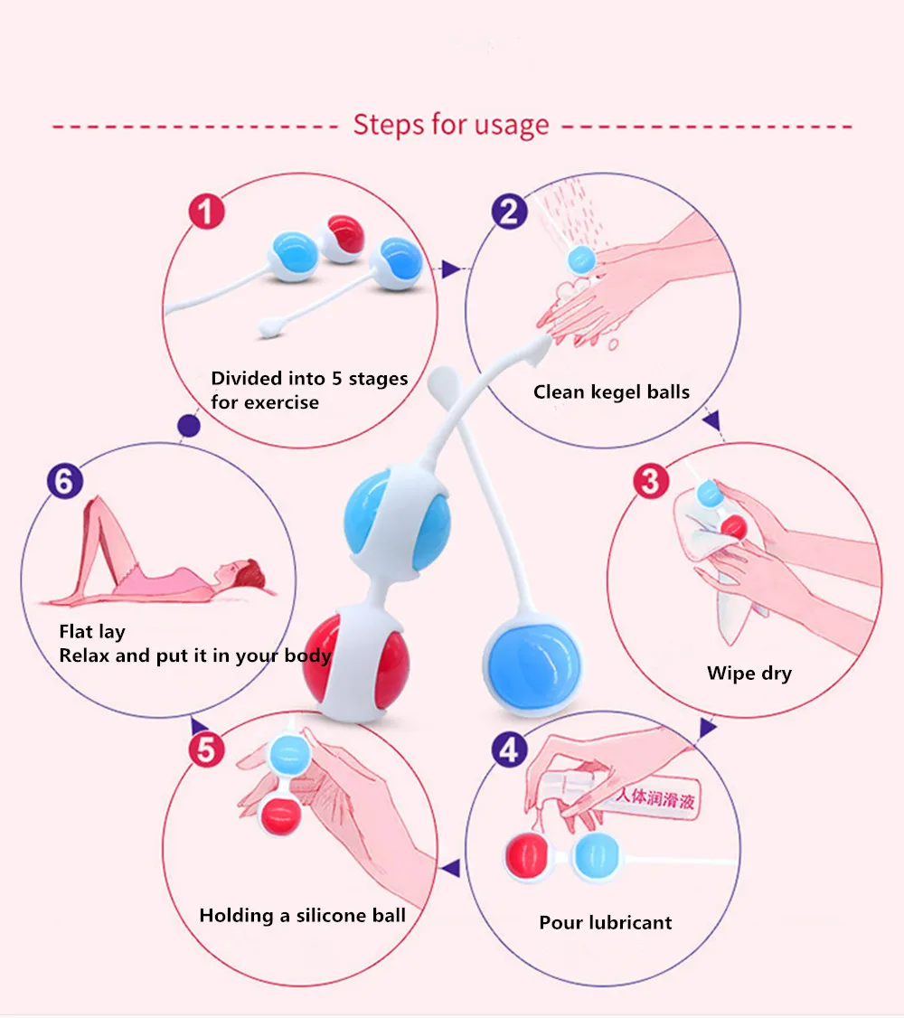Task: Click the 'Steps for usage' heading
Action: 451,125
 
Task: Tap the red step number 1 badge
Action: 206,212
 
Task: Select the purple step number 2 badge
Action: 510,212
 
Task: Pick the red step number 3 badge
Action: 651,481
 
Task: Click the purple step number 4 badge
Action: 510,750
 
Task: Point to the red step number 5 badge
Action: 206,750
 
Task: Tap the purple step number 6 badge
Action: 65,481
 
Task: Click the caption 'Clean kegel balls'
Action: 611,392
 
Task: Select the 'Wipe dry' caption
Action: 749,674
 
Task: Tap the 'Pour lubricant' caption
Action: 606,922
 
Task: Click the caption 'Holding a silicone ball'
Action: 303,916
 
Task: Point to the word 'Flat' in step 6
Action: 76,632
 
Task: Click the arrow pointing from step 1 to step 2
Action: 451,269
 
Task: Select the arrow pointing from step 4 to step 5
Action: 451,868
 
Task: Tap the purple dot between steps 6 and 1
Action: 189,426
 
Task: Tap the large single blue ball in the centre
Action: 532,667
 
